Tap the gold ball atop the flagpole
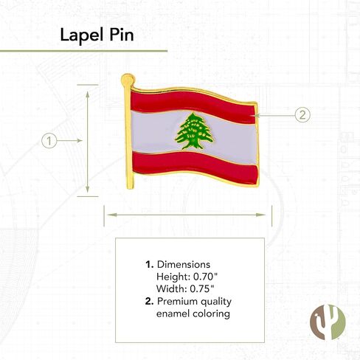(128, 78)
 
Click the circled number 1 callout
(49, 140)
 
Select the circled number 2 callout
(302, 114)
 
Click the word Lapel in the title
(77, 35)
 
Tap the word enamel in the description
(173, 314)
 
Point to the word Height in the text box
(172, 276)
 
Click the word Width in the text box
(170, 288)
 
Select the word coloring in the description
(211, 314)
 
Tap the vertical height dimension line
(88, 140)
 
